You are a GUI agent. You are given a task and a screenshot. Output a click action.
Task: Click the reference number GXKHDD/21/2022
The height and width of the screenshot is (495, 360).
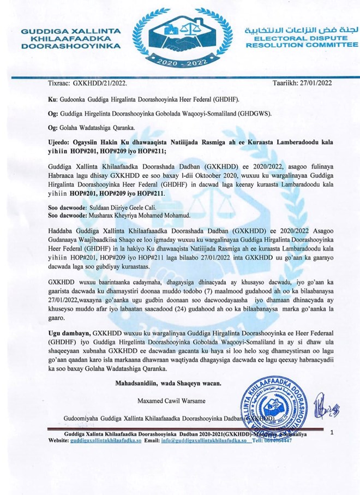(x=100, y=82)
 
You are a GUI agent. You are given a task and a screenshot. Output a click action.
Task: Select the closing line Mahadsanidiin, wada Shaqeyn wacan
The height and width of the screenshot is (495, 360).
(x=168, y=383)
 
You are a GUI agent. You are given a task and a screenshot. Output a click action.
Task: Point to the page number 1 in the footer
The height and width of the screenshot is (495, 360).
(x=331, y=432)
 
